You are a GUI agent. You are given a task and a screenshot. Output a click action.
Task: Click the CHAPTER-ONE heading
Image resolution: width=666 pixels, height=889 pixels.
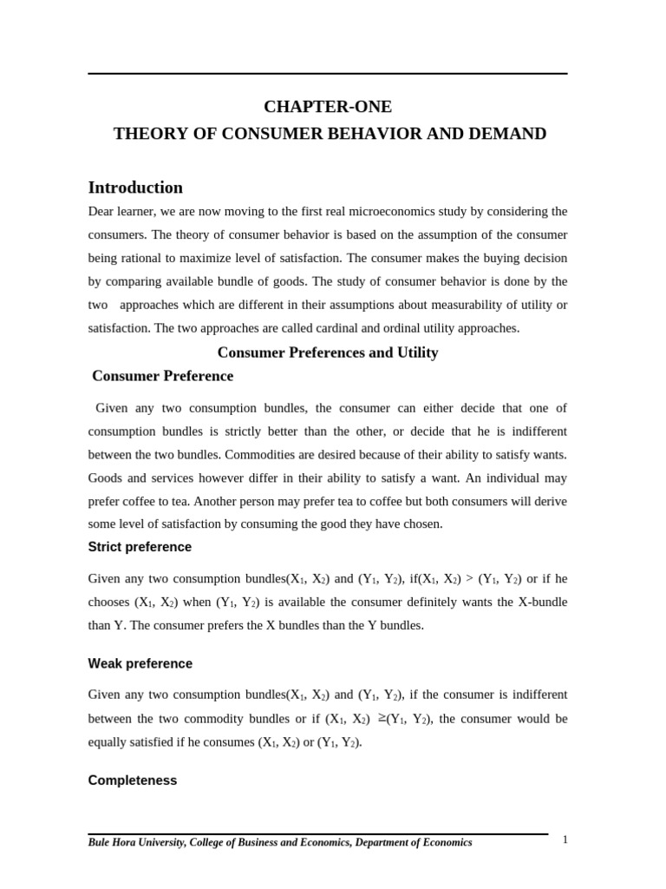328,107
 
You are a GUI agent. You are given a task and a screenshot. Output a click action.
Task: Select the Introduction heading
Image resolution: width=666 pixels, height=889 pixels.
135,188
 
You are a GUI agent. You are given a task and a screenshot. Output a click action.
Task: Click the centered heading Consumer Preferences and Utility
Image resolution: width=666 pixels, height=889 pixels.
328,352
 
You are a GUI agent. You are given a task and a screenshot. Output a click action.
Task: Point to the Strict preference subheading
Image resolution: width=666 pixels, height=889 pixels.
140,547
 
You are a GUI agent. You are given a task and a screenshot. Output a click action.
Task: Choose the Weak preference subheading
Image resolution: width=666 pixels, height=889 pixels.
140,663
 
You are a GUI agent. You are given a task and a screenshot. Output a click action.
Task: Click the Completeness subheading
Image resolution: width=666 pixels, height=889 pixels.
132,780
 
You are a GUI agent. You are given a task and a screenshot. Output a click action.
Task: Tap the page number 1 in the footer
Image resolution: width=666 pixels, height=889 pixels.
565,840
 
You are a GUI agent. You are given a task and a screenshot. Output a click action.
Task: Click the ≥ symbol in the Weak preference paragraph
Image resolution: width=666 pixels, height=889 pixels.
382,718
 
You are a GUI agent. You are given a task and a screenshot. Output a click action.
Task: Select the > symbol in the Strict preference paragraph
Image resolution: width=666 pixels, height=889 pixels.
469,579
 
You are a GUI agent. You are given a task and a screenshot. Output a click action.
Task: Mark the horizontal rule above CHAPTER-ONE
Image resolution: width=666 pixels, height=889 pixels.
328,74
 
